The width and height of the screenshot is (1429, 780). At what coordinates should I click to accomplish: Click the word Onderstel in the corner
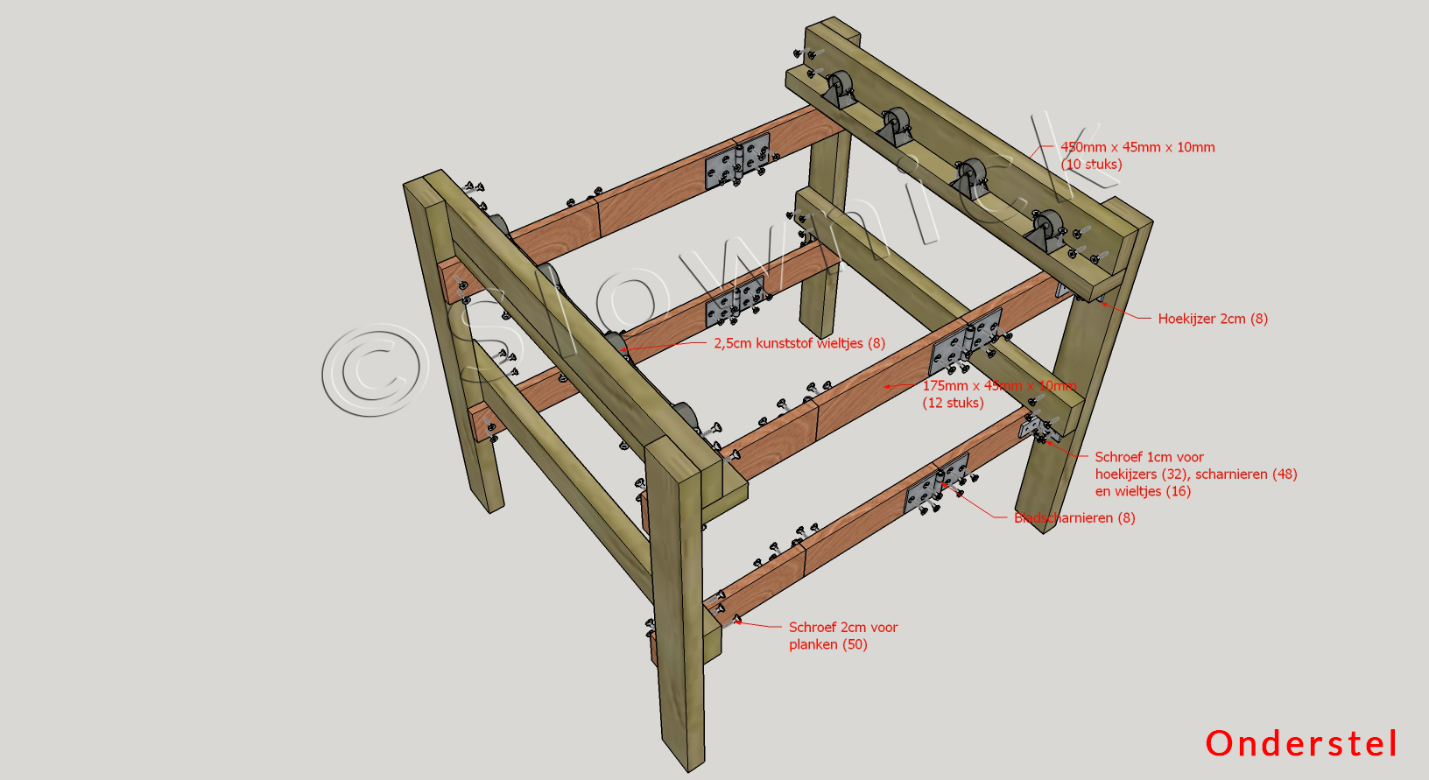point(1301,743)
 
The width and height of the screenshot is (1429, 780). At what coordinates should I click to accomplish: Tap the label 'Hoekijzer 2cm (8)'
point(1213,319)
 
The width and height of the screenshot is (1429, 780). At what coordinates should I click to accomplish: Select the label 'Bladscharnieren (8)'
point(1074,517)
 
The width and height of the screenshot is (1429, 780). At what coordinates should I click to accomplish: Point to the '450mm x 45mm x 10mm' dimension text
point(1137,147)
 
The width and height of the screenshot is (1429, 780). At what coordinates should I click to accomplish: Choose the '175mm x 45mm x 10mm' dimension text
point(999,386)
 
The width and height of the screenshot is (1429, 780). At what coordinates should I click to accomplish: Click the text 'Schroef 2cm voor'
point(843,627)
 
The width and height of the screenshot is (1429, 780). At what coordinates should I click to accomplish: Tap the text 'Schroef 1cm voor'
point(1149,457)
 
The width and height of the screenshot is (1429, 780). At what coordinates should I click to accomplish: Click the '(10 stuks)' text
point(1091,164)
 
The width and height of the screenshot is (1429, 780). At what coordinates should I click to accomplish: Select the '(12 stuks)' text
point(953,403)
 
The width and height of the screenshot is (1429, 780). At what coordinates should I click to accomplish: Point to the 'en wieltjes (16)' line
point(1143,491)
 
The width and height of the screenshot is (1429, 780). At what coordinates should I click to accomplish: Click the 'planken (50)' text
point(827,644)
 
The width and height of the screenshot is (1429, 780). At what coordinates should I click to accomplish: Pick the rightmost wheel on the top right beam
point(1045,229)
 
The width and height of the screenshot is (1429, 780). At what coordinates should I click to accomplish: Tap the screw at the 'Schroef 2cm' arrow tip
point(736,621)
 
